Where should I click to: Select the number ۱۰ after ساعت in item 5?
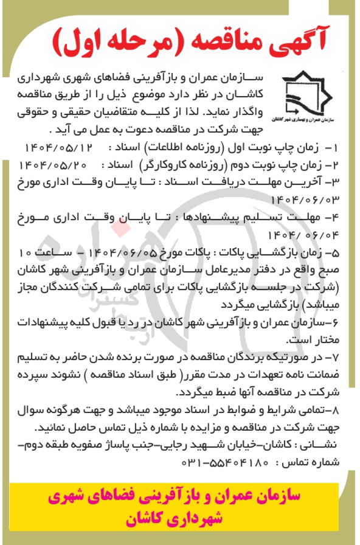tap(24, 251)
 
